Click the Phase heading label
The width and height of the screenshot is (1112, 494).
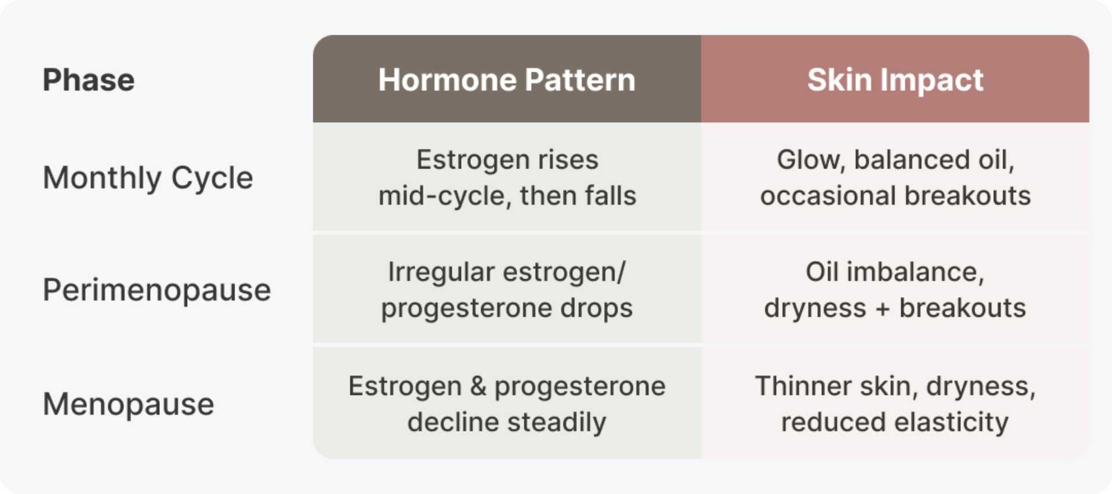[x=89, y=80]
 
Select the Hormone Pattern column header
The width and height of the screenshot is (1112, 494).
[x=507, y=79]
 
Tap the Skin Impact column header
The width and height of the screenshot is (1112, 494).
[x=895, y=79]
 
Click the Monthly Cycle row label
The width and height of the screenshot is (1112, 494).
[x=148, y=178]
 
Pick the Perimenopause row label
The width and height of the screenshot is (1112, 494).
[x=157, y=290]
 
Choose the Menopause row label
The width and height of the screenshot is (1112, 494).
[x=129, y=404]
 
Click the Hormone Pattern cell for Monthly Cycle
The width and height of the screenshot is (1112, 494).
[x=507, y=177]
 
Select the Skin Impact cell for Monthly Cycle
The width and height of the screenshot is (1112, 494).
[x=895, y=177]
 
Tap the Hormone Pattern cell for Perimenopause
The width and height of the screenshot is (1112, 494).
[x=507, y=290]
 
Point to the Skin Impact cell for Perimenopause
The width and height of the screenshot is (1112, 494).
[x=895, y=290]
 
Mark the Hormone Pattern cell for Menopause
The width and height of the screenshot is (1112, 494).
[x=507, y=403]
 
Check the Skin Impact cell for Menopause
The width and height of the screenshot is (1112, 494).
[x=895, y=403]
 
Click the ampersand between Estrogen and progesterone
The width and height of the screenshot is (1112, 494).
[x=478, y=386]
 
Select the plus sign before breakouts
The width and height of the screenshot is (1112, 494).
[x=883, y=309]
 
